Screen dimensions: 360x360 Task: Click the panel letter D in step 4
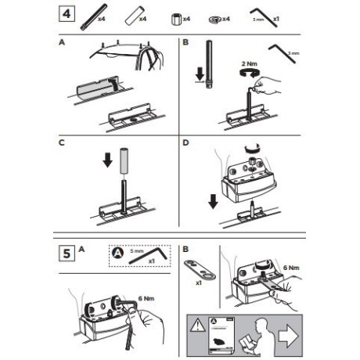tap(185, 143)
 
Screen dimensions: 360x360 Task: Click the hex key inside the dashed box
tap(157, 254)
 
